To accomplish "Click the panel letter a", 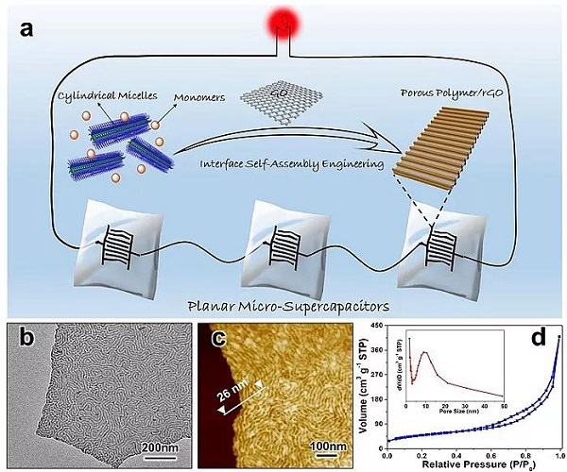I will pos(27,27).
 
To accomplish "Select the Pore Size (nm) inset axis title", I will pos(458,413).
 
